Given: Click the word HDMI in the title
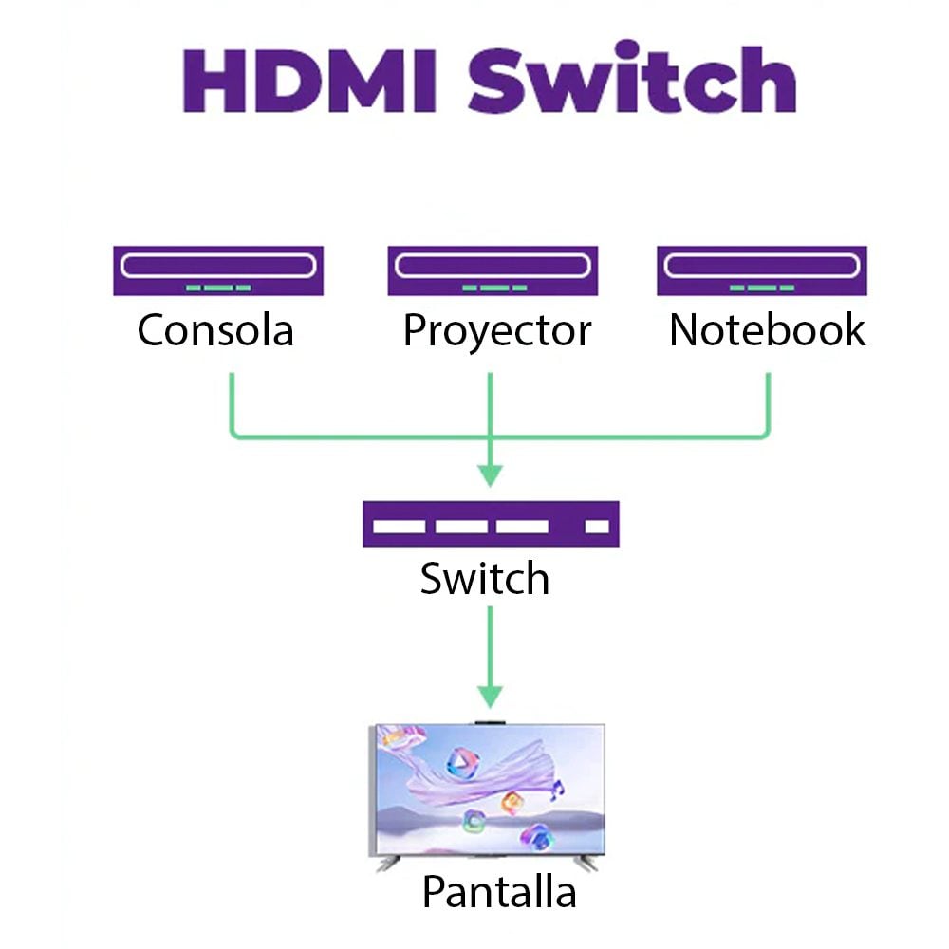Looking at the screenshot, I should click(309, 80).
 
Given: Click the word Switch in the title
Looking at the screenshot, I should click(632, 80).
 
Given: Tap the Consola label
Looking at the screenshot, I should click(215, 331).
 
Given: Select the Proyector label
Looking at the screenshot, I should click(496, 331).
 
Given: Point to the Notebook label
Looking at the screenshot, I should click(767, 330).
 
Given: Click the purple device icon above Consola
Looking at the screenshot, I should click(218, 270).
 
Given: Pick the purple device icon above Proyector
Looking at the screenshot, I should click(492, 270).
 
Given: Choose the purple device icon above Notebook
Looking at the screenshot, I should click(762, 270).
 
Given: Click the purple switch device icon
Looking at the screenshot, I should click(491, 524).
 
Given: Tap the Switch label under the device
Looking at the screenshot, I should click(485, 579).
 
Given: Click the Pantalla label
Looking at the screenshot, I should click(498, 892).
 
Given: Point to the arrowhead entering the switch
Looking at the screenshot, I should click(490, 474).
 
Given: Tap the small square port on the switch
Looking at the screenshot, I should click(597, 526).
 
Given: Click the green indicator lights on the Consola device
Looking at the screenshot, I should click(218, 287).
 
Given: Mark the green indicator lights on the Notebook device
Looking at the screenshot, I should click(762, 287).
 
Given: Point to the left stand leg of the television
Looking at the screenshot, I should click(387, 865).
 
